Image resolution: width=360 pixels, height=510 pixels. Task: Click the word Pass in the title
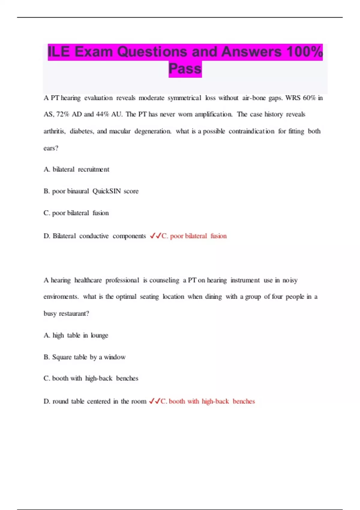click(x=185, y=69)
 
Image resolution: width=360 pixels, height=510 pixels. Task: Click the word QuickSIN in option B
click(x=106, y=191)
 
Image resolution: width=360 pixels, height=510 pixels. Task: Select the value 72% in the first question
click(x=63, y=114)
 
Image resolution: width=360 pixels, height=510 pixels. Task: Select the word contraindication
click(x=251, y=131)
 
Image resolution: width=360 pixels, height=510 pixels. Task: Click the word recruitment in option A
click(x=94, y=169)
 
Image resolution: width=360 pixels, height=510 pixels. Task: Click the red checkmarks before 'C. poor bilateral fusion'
click(x=155, y=236)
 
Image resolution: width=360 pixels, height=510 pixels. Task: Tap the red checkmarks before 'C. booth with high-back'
click(x=154, y=401)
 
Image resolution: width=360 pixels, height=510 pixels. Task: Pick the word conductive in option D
click(x=94, y=236)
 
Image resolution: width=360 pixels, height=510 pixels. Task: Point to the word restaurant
click(x=74, y=313)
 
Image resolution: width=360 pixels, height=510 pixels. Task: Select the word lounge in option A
click(x=99, y=335)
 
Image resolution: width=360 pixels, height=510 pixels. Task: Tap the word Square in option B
click(x=62, y=357)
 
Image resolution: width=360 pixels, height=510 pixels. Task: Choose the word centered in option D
click(x=99, y=401)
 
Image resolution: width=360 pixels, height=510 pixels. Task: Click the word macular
click(x=120, y=131)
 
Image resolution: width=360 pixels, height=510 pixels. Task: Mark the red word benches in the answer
click(x=244, y=401)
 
